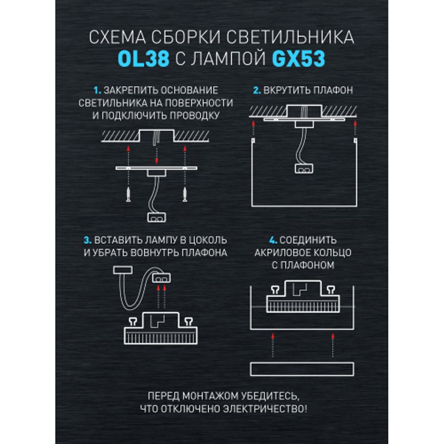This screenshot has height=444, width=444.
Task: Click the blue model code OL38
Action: pyautogui.click(x=144, y=59)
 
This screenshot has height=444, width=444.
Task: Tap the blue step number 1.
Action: pyautogui.click(x=98, y=91)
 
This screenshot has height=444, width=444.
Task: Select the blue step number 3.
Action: pyautogui.click(x=87, y=241)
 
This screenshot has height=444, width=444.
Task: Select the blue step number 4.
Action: pyautogui.click(x=273, y=241)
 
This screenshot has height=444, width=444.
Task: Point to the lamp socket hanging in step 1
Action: pyautogui.click(x=156, y=218)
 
